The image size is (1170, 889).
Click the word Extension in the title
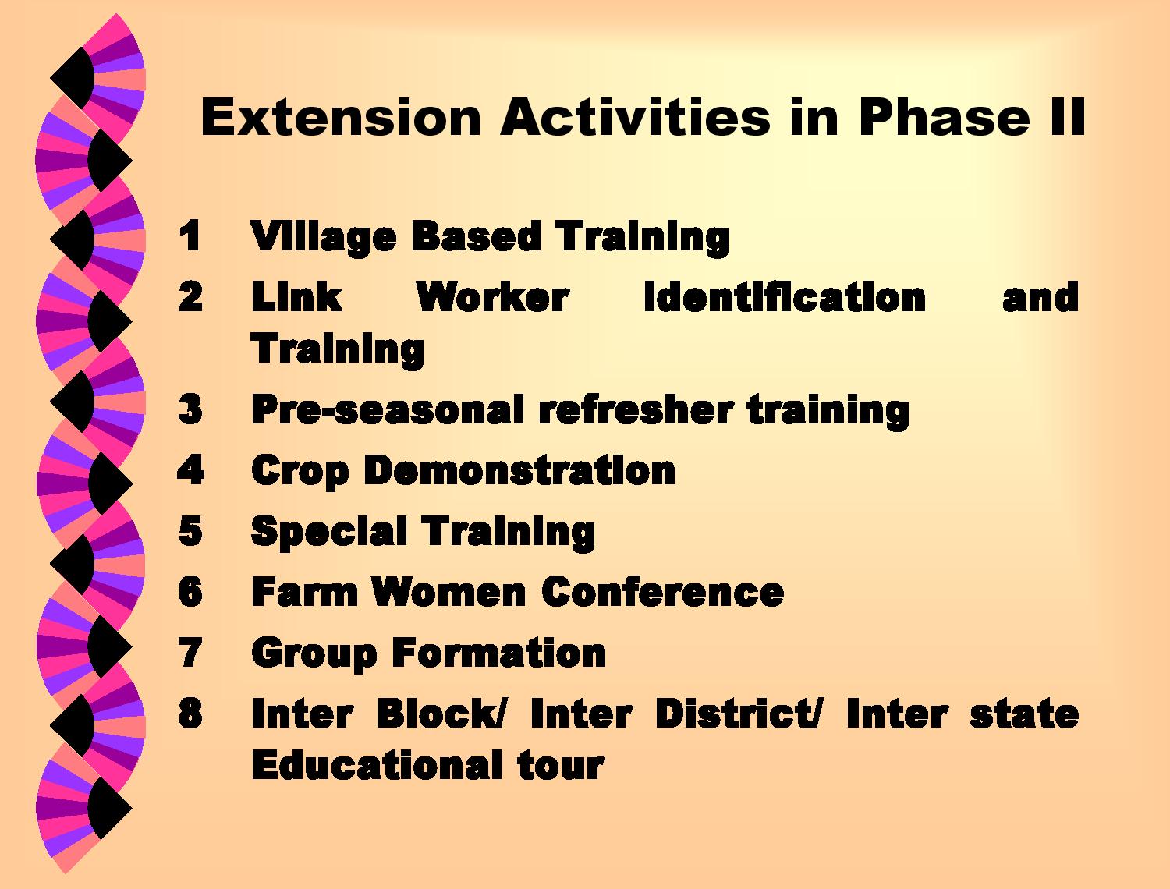tap(341, 117)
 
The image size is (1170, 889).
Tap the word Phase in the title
tap(944, 117)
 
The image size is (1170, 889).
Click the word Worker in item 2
tap(492, 296)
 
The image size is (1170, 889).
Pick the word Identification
tap(785, 296)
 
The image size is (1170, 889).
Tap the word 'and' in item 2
tap(1040, 296)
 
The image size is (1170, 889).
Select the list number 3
tap(190, 409)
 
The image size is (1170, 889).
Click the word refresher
tap(636, 410)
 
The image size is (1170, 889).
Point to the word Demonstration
tap(519, 470)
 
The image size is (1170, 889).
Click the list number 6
tap(190, 590)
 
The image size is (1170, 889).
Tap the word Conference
tap(662, 591)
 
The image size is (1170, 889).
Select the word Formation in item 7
tap(499, 652)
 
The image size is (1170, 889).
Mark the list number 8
tap(190, 713)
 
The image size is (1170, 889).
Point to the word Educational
tap(376, 765)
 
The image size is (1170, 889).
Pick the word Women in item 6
tap(448, 591)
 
